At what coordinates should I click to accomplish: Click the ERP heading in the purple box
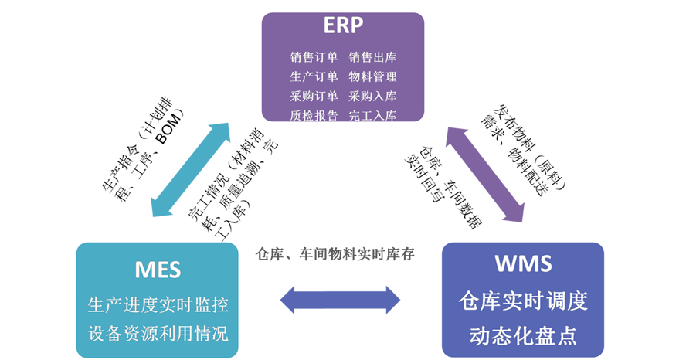(342, 25)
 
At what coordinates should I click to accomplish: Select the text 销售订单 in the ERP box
(314, 57)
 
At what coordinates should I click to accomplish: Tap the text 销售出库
(372, 57)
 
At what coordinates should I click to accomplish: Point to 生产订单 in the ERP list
(314, 76)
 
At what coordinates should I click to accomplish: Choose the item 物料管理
(372, 76)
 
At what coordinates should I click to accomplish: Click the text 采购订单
(314, 97)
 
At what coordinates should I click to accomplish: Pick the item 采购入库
(372, 97)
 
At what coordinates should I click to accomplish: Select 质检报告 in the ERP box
(314, 116)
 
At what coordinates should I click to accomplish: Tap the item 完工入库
(372, 116)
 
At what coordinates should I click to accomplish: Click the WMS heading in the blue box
(523, 263)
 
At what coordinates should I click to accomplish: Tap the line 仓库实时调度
(523, 301)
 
